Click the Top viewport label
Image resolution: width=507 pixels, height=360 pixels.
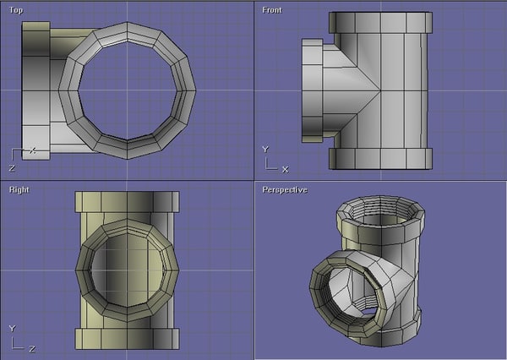click(x=15, y=9)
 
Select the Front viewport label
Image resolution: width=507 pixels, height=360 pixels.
click(x=272, y=9)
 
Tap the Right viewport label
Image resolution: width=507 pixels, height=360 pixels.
click(x=19, y=189)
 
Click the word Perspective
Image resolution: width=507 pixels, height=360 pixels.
click(x=285, y=189)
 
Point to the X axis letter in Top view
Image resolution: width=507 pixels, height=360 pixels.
click(x=32, y=150)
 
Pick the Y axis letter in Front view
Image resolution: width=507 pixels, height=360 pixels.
click(x=264, y=149)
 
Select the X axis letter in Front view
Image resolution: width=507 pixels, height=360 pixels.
click(x=284, y=169)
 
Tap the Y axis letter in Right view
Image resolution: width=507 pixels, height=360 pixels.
click(x=11, y=328)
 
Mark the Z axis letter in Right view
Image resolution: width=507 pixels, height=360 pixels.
click(x=31, y=348)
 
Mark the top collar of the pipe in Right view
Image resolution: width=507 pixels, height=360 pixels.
click(x=127, y=201)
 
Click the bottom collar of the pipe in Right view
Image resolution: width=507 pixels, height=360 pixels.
click(x=127, y=339)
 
